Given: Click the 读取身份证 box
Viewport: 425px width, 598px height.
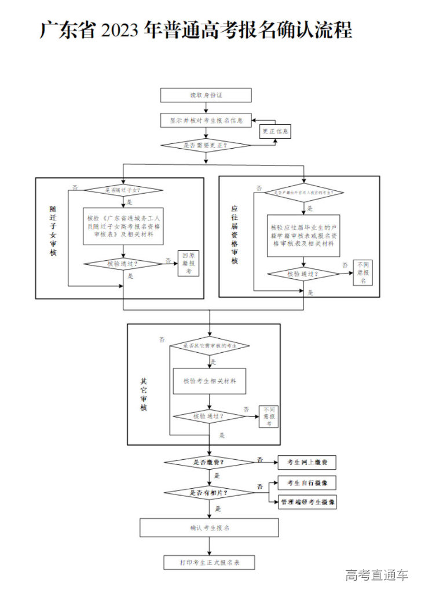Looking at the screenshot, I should pyautogui.click(x=206, y=95).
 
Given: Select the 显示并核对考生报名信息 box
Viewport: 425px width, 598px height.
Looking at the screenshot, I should pyautogui.click(x=206, y=120).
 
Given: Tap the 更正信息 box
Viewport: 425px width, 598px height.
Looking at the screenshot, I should pyautogui.click(x=274, y=132).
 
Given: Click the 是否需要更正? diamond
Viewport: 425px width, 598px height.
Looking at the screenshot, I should pyautogui.click(x=206, y=145).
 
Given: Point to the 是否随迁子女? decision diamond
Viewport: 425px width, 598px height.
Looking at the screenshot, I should pyautogui.click(x=124, y=190).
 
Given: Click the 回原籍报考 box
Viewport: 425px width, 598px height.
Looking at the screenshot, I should pyautogui.click(x=188, y=263).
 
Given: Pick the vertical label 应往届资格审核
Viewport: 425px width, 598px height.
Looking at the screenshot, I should pyautogui.click(x=235, y=234).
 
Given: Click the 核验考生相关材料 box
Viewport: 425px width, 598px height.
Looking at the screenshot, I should pyautogui.click(x=209, y=381).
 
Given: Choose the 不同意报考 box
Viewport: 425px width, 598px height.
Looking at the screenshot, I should pyautogui.click(x=269, y=416).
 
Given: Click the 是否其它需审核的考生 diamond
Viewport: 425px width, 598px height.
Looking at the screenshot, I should pyautogui.click(x=209, y=346).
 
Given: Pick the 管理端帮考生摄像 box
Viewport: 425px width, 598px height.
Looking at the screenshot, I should pyautogui.click(x=307, y=502).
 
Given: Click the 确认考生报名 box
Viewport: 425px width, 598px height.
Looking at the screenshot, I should pyautogui.click(x=209, y=527).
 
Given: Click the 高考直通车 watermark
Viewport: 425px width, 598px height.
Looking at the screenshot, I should pyautogui.click(x=377, y=575).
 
